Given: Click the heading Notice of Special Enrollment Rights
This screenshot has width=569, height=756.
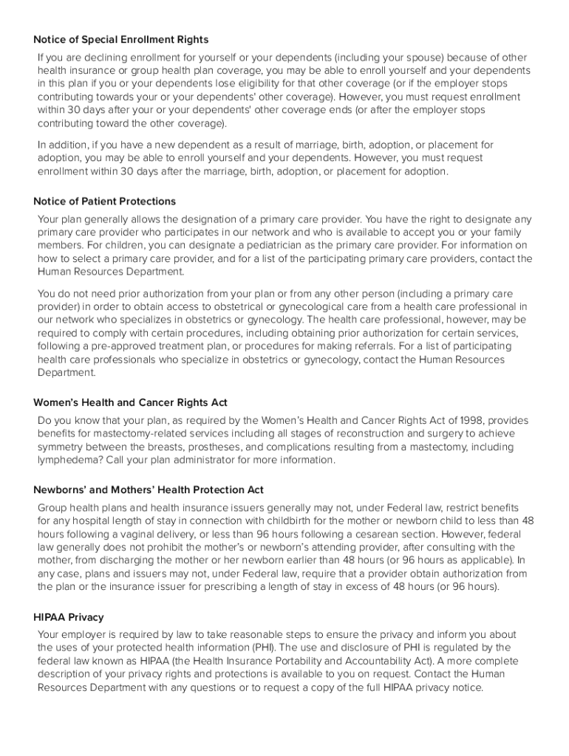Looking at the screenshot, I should (x=121, y=39).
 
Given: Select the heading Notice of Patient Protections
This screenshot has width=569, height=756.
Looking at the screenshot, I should (x=104, y=201).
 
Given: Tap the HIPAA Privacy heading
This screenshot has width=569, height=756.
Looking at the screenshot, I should (x=69, y=616).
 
